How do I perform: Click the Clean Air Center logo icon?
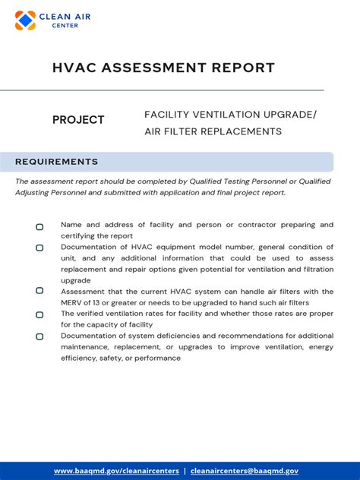click(25, 21)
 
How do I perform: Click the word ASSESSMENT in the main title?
click(151, 68)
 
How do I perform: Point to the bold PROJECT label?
click(78, 120)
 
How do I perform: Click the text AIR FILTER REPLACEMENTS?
click(213, 131)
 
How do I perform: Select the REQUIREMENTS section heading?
click(57, 162)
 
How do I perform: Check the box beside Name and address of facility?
click(39, 226)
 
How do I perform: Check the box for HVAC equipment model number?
click(39, 248)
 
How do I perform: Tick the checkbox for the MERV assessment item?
click(39, 291)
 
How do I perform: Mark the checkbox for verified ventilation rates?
click(39, 314)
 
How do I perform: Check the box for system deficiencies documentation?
click(39, 336)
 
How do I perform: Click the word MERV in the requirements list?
click(72, 303)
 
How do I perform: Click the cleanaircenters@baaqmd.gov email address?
click(245, 471)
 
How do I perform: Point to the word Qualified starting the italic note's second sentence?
click(314, 182)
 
